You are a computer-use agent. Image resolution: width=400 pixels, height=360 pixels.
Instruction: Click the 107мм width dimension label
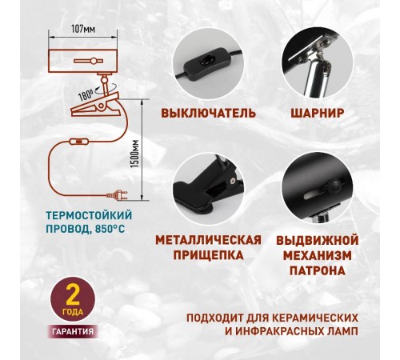[x=82, y=28]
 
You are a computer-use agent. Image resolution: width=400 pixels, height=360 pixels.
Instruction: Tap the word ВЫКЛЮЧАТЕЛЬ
[x=208, y=113]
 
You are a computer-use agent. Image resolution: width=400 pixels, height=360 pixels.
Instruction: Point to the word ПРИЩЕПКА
[x=208, y=256]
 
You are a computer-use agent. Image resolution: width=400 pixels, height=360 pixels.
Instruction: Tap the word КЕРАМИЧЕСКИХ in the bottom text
[x=308, y=315]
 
